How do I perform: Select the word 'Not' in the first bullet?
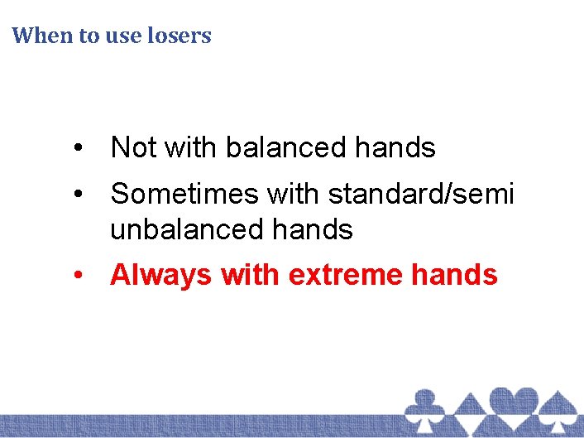click(134, 147)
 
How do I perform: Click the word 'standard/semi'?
click(421, 194)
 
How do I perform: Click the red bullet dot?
click(78, 275)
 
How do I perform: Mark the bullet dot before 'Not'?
click(78, 148)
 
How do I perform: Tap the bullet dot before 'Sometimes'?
click(78, 195)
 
